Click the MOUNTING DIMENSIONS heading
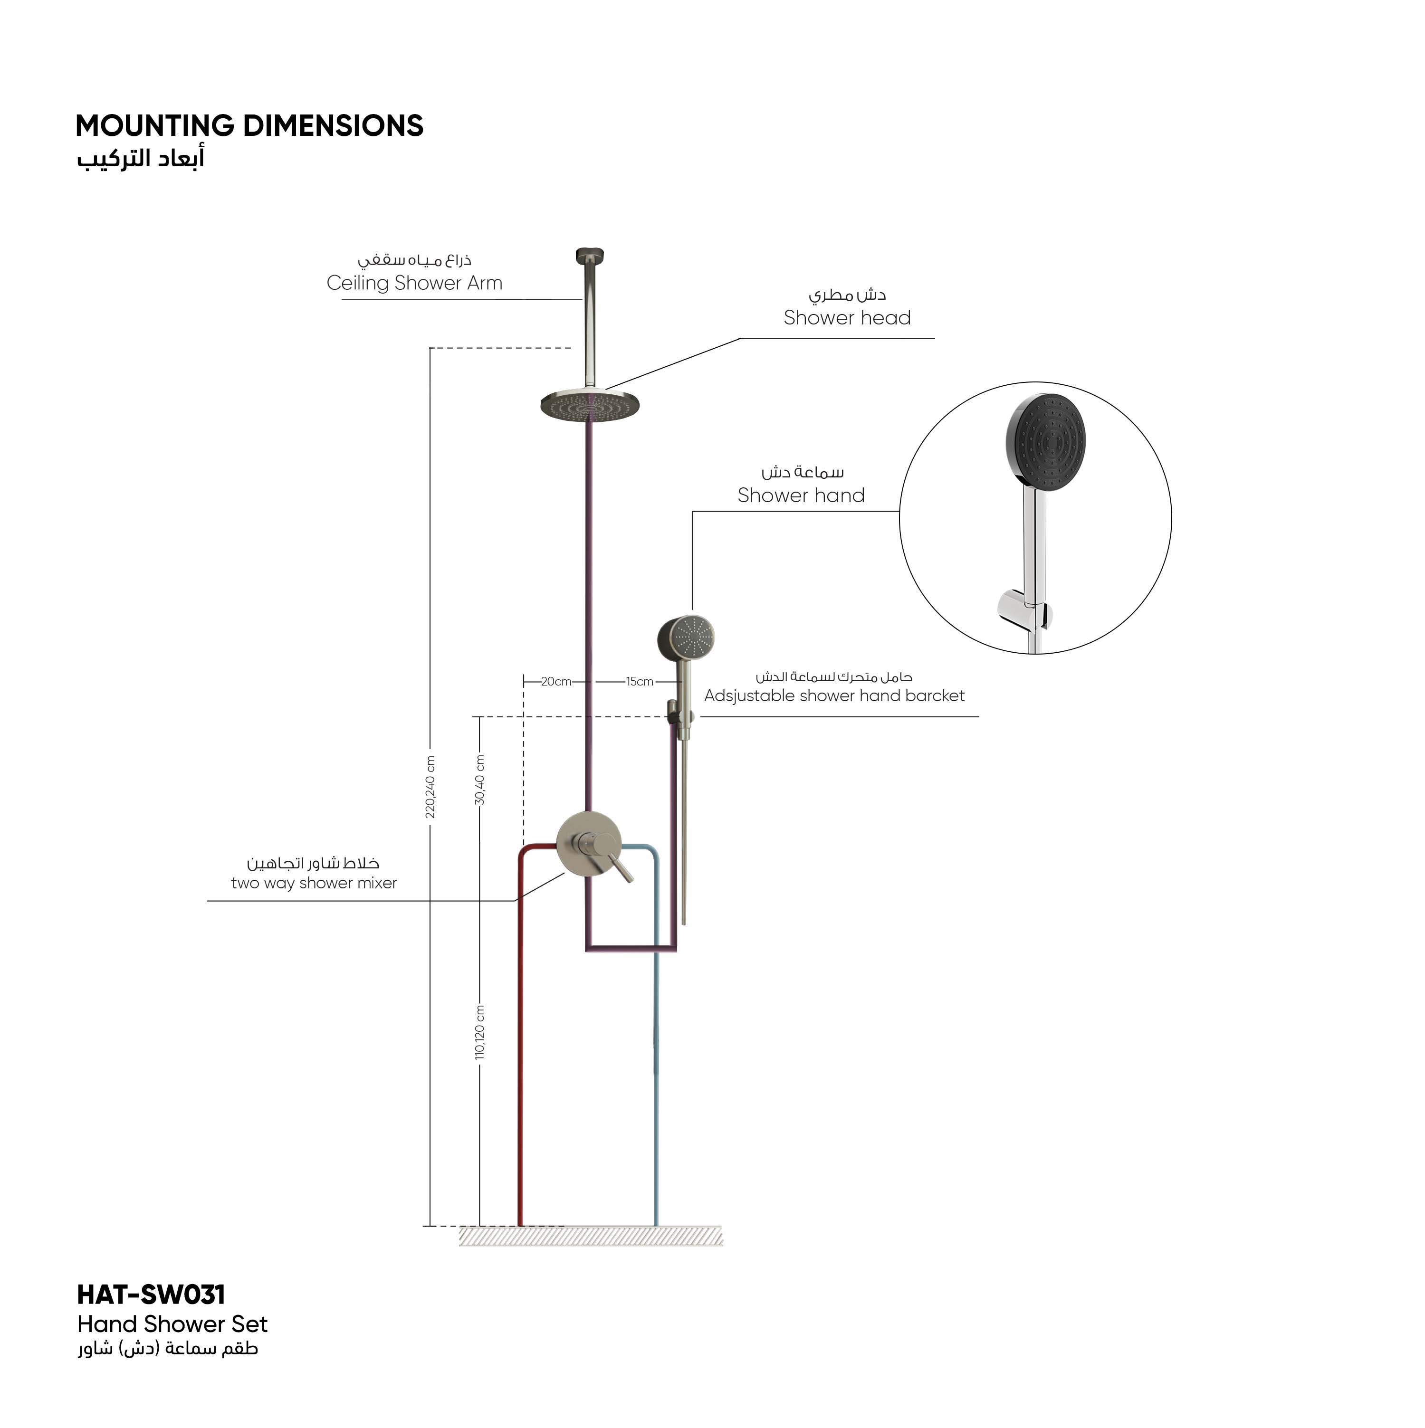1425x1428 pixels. coord(249,126)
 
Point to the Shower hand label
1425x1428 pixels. coord(801,495)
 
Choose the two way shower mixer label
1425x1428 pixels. coord(314,883)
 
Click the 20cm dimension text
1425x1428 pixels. coord(556,682)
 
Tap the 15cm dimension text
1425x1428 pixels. coord(640,682)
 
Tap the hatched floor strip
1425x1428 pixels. coord(591,1236)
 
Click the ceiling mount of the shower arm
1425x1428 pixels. coord(590,255)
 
